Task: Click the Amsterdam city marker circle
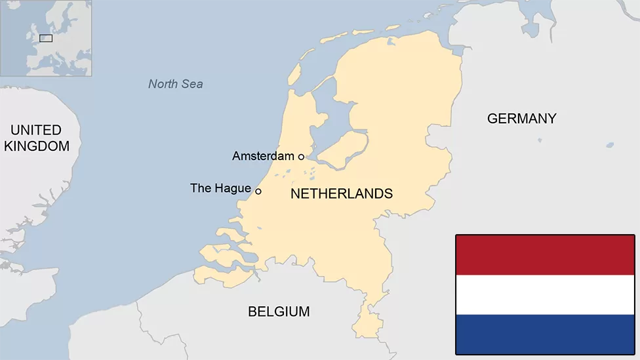[301, 156]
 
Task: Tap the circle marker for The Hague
[258, 191]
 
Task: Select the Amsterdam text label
[263, 156]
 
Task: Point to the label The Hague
[220, 188]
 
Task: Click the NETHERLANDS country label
[342, 193]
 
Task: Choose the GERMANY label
[521, 119]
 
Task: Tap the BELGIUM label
[279, 311]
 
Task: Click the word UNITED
[36, 130]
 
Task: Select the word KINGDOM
[37, 146]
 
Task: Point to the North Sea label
[175, 84]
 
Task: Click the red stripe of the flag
[545, 255]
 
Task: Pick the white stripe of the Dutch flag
[545, 294]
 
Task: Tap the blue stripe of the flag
[545, 334]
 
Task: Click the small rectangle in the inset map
[46, 38]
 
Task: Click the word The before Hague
[200, 188]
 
